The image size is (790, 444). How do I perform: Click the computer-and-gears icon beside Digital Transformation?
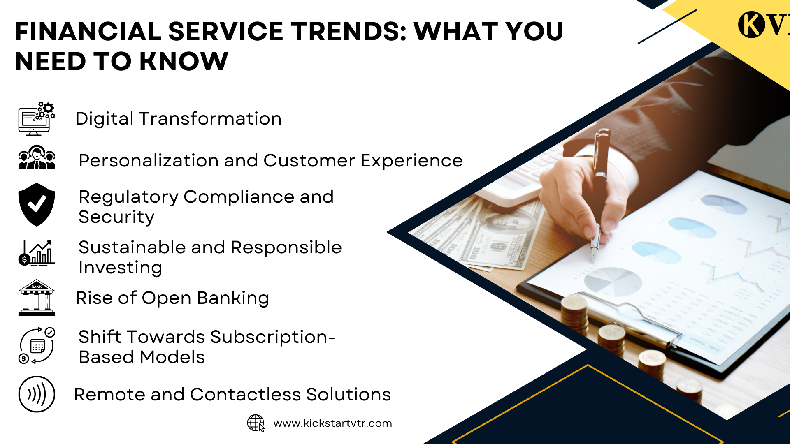pos(37,119)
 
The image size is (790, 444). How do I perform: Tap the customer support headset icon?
pos(37,157)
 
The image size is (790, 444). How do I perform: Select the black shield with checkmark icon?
pos(37,205)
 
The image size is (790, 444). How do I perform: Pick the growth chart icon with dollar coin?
pos(37,253)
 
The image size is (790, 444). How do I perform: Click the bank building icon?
pos(37,298)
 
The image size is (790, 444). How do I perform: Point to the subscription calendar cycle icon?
pos(37,345)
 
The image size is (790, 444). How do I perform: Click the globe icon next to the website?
pos(256,423)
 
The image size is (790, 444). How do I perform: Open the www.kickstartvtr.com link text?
pos(332,423)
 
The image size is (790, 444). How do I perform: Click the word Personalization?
pos(148,161)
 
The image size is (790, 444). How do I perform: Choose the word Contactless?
pos(245,395)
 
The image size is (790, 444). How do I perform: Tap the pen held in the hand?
pos(599,193)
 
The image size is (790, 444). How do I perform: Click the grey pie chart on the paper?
pos(613,282)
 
